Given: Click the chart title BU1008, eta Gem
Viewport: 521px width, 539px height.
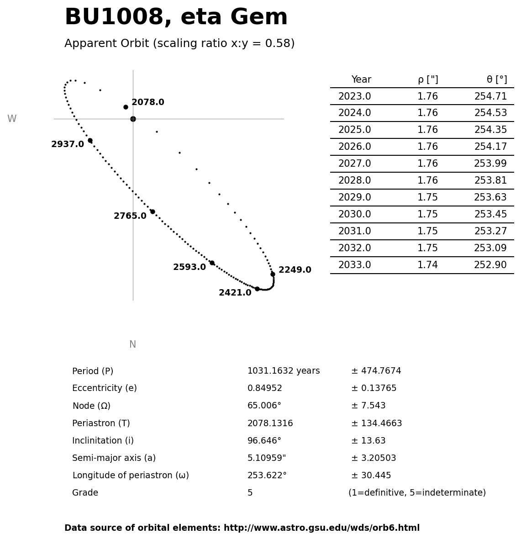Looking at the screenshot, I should (x=176, y=18).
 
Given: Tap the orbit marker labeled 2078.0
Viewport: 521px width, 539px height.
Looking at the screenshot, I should (x=126, y=107).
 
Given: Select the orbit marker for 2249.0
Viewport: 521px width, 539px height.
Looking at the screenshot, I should (x=273, y=274).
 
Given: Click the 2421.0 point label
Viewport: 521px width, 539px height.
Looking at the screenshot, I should (x=235, y=293).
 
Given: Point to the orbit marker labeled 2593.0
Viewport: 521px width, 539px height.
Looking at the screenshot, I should (x=212, y=263).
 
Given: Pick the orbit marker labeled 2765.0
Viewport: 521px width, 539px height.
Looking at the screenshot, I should (x=153, y=211).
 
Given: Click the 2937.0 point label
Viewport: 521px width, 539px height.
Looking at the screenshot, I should (x=68, y=145).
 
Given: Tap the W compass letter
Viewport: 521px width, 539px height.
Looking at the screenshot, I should (x=12, y=119).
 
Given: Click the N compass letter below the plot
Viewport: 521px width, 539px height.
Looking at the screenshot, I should (x=132, y=345).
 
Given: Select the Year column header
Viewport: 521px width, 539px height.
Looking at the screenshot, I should (x=361, y=80).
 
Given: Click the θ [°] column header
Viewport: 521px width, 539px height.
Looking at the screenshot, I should (x=496, y=80).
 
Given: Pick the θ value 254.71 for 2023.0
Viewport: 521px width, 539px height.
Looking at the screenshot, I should (x=490, y=97).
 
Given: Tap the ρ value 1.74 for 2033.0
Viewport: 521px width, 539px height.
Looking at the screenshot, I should (x=427, y=265).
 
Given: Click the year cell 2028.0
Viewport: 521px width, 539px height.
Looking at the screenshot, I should (x=354, y=181).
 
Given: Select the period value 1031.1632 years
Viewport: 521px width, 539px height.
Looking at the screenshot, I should (x=284, y=371).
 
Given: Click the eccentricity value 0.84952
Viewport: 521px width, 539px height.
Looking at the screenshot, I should (x=265, y=389).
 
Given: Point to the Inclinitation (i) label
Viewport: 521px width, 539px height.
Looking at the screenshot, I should (x=103, y=441).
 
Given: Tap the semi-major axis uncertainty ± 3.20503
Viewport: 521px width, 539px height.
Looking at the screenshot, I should (x=374, y=459).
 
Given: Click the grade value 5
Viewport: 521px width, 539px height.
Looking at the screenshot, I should (x=250, y=493).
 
